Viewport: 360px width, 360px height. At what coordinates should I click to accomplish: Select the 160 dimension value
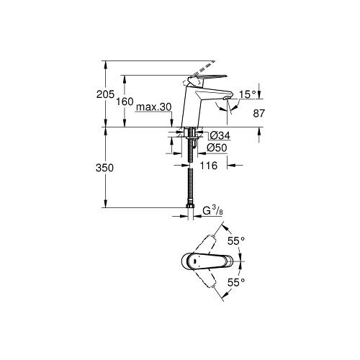pyautogui.click(x=125, y=102)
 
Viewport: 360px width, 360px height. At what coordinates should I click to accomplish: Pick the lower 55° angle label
pyautogui.click(x=236, y=283)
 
